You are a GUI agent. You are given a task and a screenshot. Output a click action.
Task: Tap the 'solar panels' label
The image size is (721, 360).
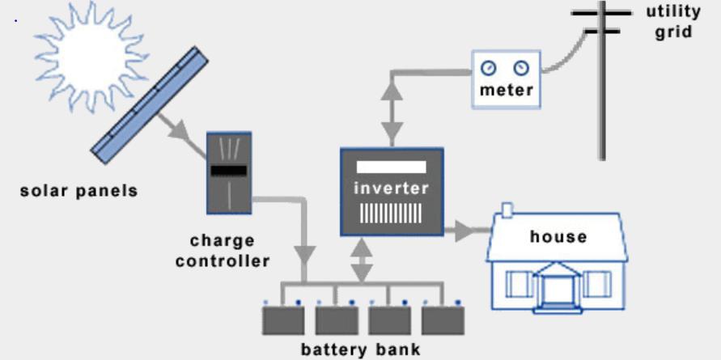[79, 191]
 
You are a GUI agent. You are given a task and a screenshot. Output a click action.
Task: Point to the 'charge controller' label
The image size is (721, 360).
[223, 251]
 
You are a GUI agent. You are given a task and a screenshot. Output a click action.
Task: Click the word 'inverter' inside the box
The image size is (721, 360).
[391, 188]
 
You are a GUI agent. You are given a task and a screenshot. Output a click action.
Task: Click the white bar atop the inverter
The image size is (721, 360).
[391, 167]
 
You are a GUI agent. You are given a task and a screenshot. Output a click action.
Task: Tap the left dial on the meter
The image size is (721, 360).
[489, 68]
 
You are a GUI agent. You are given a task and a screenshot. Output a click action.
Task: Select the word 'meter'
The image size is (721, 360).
[506, 90]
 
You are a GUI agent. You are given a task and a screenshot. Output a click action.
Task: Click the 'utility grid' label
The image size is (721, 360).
[672, 22]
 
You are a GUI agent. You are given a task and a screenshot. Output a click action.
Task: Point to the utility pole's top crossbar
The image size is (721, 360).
[600, 13]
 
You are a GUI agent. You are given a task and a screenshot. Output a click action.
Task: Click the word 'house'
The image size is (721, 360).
[558, 236]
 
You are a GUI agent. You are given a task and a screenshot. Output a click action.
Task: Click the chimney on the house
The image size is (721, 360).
[507, 210]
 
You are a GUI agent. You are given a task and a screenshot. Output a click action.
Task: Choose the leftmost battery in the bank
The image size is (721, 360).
[282, 320]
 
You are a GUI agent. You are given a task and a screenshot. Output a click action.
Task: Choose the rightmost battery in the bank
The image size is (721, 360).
[443, 320]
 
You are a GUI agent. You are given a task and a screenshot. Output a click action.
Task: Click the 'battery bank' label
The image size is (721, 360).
[361, 349]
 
